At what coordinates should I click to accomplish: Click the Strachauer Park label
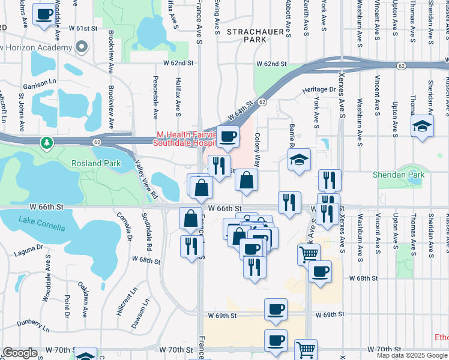(x=246, y=35)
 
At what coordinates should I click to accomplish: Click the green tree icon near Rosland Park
(x=46, y=143)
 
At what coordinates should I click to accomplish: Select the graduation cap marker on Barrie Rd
(x=299, y=160)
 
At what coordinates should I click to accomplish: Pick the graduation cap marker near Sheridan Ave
(x=423, y=126)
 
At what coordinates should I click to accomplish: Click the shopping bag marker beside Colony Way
(x=246, y=179)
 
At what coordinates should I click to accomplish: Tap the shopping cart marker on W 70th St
(x=306, y=349)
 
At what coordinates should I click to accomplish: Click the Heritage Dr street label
(x=319, y=89)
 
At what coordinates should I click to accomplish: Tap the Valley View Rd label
(x=145, y=179)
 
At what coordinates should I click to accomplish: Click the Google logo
(x=20, y=353)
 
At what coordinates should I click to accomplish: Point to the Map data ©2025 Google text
(x=411, y=355)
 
